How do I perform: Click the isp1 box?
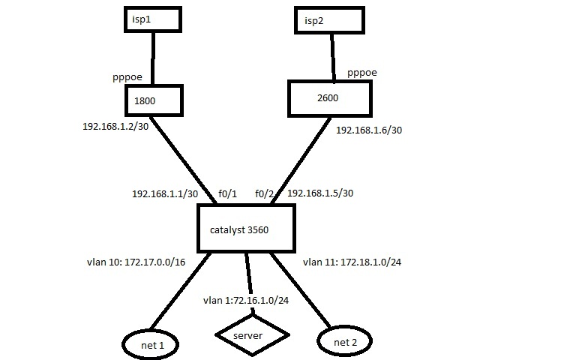click(x=153, y=20)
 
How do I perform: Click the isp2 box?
click(x=331, y=19)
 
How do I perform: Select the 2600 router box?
click(x=328, y=99)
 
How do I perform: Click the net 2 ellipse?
click(x=346, y=342)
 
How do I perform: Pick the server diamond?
click(x=252, y=335)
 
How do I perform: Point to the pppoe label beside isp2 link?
click(x=362, y=73)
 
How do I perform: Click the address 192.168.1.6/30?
click(x=368, y=130)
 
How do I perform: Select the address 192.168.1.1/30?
click(x=165, y=193)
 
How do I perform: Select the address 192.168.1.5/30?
click(x=320, y=193)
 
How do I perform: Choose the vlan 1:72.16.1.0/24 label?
click(x=247, y=301)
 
